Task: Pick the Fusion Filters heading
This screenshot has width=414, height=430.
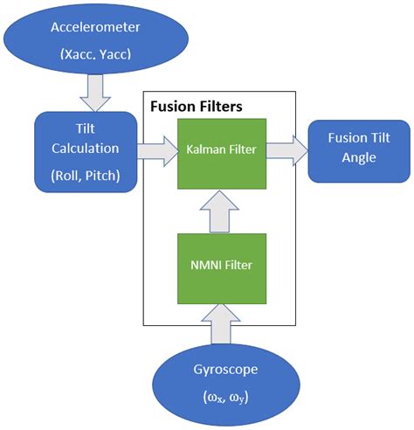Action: point(196,107)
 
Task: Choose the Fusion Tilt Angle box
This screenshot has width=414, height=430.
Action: point(354,149)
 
